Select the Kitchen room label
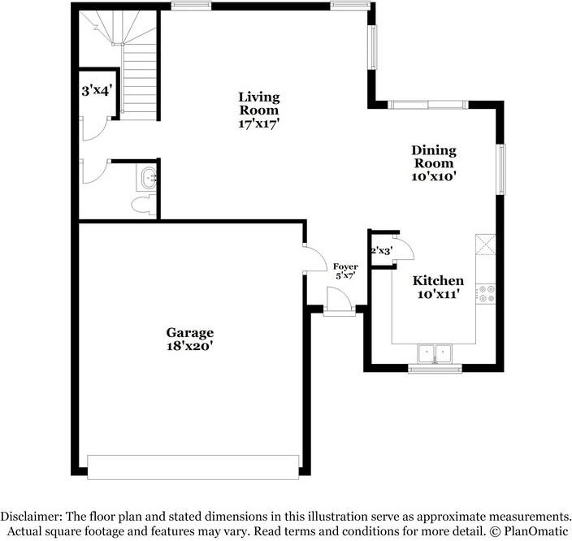pyautogui.click(x=440, y=280)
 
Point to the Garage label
pyautogui.click(x=190, y=332)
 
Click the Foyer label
pyautogui.click(x=346, y=266)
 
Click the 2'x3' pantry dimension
pyautogui.click(x=381, y=251)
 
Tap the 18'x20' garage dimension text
pyautogui.click(x=190, y=346)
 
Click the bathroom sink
pyautogui.click(x=147, y=177)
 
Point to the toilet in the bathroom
pyautogui.click(x=143, y=205)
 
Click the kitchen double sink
pyautogui.click(x=435, y=354)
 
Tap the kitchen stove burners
pyautogui.click(x=487, y=293)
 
